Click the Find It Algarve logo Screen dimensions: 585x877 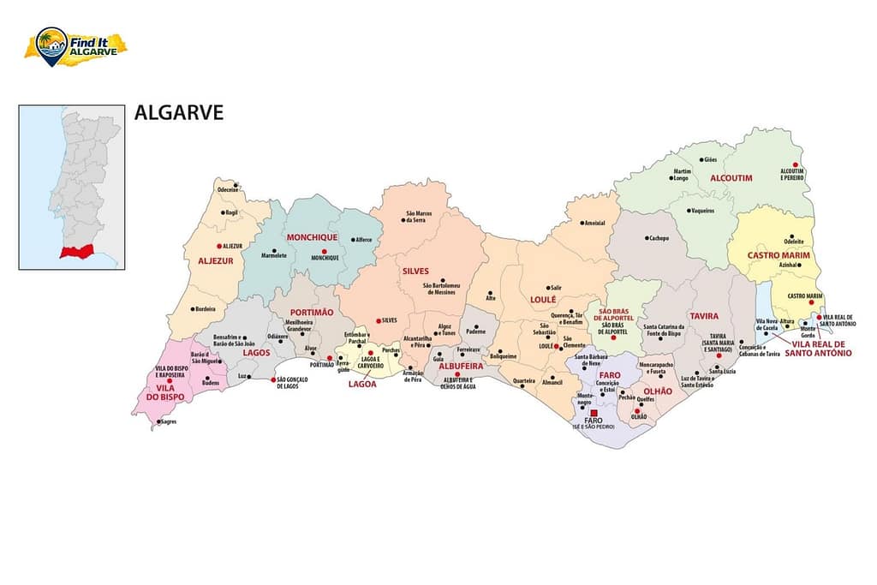click(75, 45)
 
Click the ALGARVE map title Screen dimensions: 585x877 click(178, 113)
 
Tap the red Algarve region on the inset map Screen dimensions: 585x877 click(72, 253)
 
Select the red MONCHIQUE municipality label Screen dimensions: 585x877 click(312, 237)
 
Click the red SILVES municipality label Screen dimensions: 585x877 click(415, 271)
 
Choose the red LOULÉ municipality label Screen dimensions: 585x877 click(543, 300)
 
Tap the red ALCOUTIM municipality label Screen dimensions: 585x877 click(731, 177)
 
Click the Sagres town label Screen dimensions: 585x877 click(168, 421)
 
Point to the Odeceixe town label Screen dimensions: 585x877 click(227, 189)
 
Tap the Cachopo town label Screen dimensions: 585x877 click(658, 238)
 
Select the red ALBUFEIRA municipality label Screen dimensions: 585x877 click(461, 366)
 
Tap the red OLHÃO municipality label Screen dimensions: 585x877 click(658, 391)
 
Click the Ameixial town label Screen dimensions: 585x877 click(594, 223)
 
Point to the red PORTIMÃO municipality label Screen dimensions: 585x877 click(312, 313)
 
